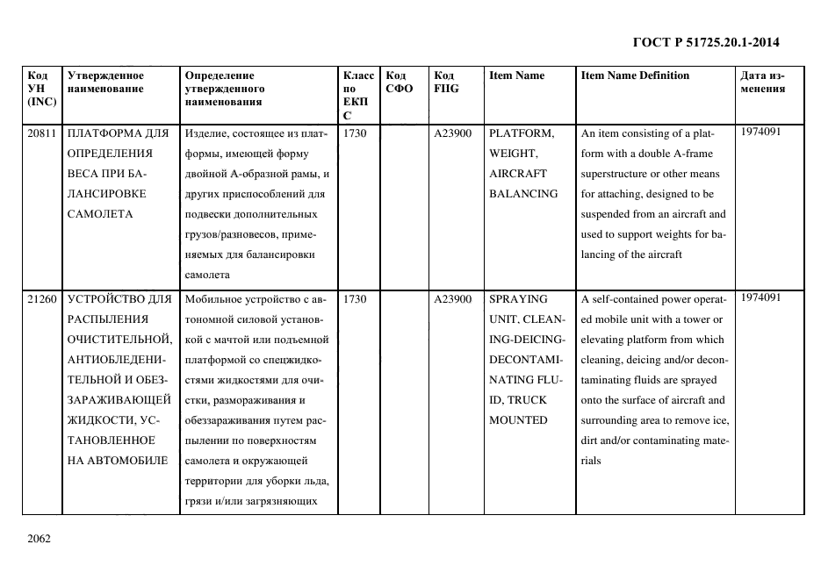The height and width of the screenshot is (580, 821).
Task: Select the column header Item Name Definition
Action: click(635, 75)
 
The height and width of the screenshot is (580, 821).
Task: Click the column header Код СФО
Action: click(399, 82)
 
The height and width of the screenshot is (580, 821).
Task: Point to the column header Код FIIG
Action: click(446, 82)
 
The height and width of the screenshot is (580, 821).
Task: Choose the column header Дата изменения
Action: click(762, 82)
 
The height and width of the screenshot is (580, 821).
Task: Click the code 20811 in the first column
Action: click(42, 133)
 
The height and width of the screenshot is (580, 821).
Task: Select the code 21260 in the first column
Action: click(42, 299)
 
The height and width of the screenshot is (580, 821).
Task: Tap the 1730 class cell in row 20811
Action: click(355, 133)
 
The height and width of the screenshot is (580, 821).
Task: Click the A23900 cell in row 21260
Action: click(453, 299)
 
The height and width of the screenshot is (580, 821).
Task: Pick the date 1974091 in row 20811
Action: click(760, 132)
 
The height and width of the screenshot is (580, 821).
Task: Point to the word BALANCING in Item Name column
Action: click(523, 194)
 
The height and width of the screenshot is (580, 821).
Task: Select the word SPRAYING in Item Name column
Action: click(518, 299)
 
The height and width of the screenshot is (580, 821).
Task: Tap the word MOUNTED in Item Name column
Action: click(518, 420)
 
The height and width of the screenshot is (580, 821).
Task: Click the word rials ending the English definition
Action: click(591, 461)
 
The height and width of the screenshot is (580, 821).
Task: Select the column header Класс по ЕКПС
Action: click(358, 95)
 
